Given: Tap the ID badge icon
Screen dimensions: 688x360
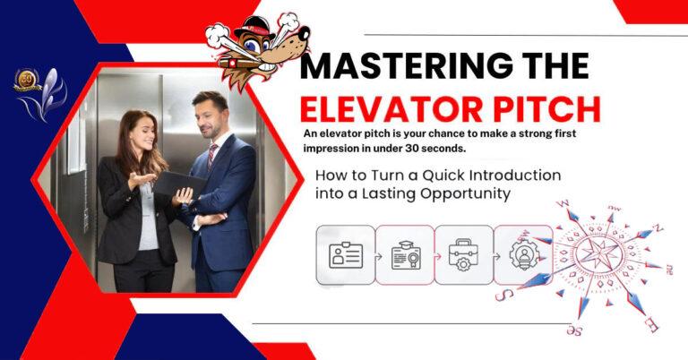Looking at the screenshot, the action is [x=346, y=254].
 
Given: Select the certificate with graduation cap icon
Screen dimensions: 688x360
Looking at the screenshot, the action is [x=406, y=254].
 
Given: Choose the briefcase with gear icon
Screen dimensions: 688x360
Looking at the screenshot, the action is [x=464, y=254].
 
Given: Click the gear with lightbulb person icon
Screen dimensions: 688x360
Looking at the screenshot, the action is [x=523, y=254].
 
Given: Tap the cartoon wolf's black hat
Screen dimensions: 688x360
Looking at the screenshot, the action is [x=254, y=26].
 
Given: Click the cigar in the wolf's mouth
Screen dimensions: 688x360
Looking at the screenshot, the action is [x=240, y=64].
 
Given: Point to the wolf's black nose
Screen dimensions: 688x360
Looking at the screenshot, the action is [x=303, y=33].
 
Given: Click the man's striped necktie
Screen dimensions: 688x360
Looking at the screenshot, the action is [x=212, y=156].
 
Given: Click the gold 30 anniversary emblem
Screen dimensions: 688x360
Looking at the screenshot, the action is [x=27, y=80].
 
